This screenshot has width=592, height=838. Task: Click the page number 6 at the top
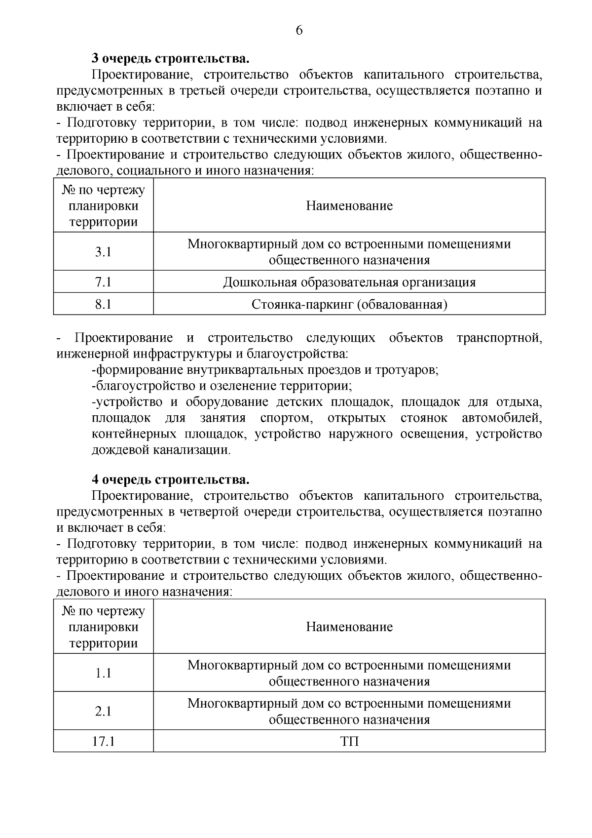click(x=299, y=31)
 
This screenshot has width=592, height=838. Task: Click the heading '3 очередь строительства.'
click(x=171, y=59)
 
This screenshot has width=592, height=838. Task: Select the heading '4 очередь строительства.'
click(x=171, y=479)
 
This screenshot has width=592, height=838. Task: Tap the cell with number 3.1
click(x=103, y=252)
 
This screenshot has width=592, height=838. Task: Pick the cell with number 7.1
click(x=103, y=282)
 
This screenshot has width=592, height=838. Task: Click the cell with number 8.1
click(x=103, y=304)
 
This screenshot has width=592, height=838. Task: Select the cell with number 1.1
click(x=103, y=673)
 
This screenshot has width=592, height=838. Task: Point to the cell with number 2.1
click(x=103, y=711)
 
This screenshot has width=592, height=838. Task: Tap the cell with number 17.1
click(x=103, y=741)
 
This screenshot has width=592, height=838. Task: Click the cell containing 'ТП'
click(x=349, y=741)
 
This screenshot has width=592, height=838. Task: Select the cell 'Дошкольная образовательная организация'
click(x=349, y=282)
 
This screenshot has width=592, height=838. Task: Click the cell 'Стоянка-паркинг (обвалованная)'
click(x=349, y=304)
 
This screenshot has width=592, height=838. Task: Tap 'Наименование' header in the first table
click(x=349, y=205)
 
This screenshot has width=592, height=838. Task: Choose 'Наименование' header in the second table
click(x=349, y=627)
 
